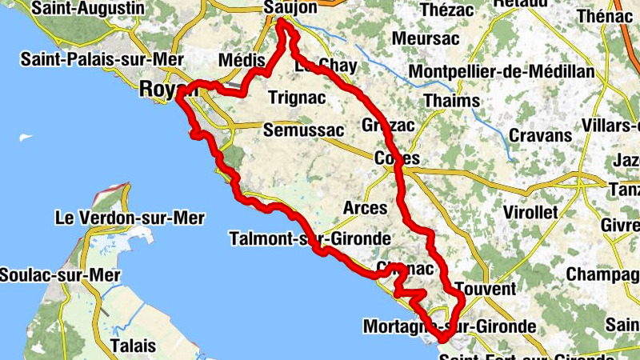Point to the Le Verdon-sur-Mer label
point(129,218)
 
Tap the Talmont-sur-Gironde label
point(310,238)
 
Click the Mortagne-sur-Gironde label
point(449,326)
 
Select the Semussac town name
point(302,130)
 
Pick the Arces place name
point(365,208)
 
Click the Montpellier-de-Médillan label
point(502,72)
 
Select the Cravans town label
point(540,135)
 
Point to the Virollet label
point(530,212)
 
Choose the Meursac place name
point(424,39)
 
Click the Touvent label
point(483,289)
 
